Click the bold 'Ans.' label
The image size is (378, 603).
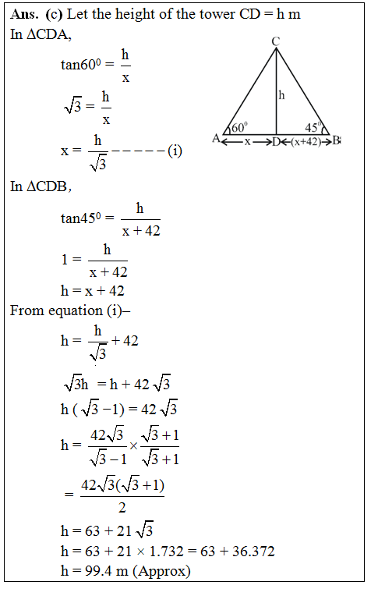click(26, 15)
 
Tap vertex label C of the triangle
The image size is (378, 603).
click(276, 41)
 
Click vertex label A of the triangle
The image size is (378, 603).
click(216, 139)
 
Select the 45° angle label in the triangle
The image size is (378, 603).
click(313, 127)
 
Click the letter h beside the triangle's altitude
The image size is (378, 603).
click(282, 95)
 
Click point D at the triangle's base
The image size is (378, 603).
click(276, 141)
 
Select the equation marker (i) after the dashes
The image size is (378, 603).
click(175, 150)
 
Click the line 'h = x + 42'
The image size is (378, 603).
click(93, 291)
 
